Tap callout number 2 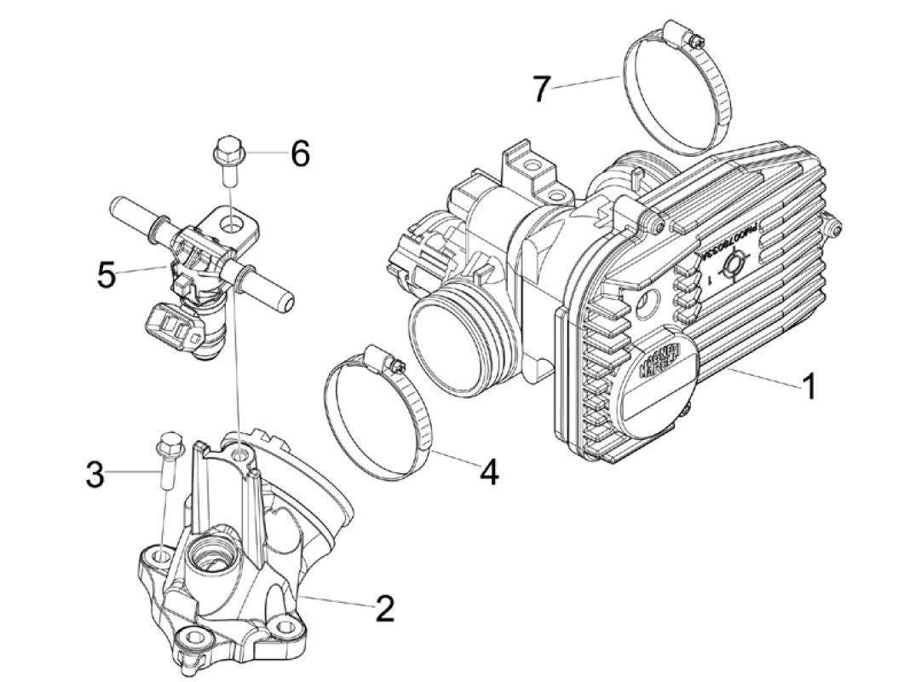tap(384, 609)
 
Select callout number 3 tap(95, 473)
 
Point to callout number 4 tap(487, 471)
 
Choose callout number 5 tap(106, 275)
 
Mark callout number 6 tap(299, 154)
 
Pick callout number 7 tap(543, 88)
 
